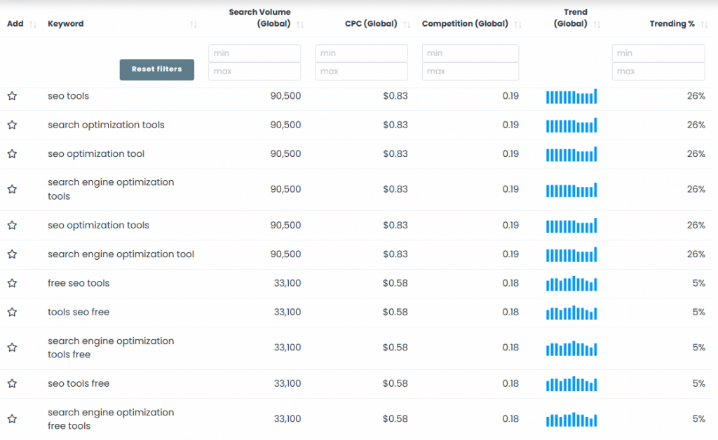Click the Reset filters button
point(156,69)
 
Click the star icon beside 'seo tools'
point(12,96)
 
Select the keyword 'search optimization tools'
point(106,125)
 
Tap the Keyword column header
point(65,24)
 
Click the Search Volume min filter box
point(255,53)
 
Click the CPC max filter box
point(361,71)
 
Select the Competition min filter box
point(470,53)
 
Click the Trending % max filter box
point(658,71)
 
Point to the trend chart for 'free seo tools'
point(571,284)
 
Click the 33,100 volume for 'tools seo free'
point(287,312)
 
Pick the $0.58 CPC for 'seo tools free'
point(395,383)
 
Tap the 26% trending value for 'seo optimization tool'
point(696,153)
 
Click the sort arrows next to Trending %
point(702,25)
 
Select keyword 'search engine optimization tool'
point(121,254)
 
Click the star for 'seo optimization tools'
point(12,226)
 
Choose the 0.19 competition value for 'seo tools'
point(510,96)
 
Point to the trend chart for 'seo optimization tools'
point(571,226)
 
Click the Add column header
point(15,24)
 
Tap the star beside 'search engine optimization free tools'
point(12,419)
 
